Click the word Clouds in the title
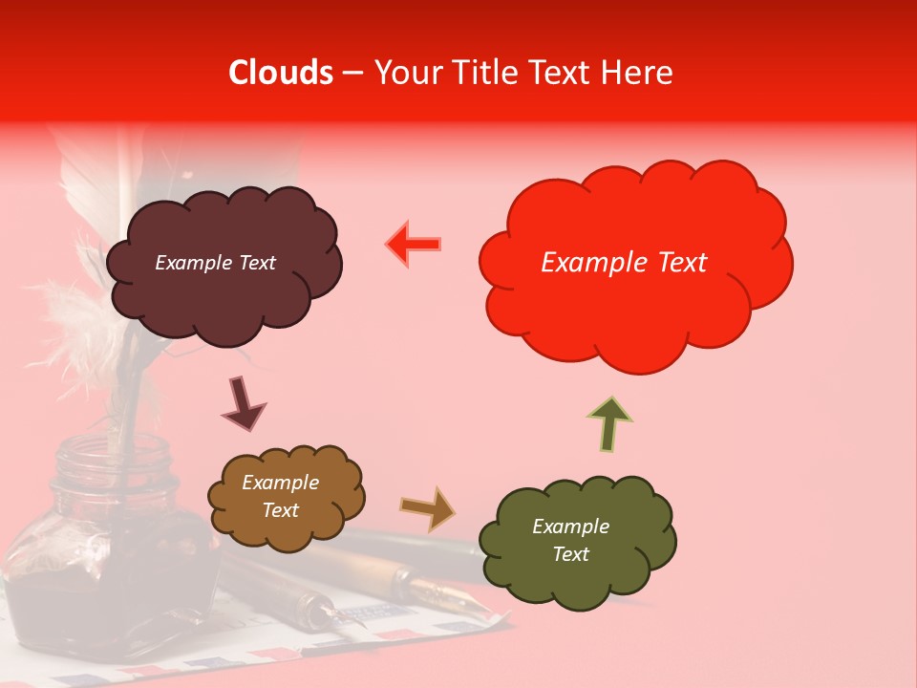pyautogui.click(x=281, y=73)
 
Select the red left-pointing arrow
pyautogui.click(x=414, y=245)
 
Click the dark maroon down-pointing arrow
pyautogui.click(x=243, y=403)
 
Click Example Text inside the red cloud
pyautogui.click(x=624, y=263)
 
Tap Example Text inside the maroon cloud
pyautogui.click(x=215, y=263)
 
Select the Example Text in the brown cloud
pyautogui.click(x=281, y=497)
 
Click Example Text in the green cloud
pyautogui.click(x=570, y=540)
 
